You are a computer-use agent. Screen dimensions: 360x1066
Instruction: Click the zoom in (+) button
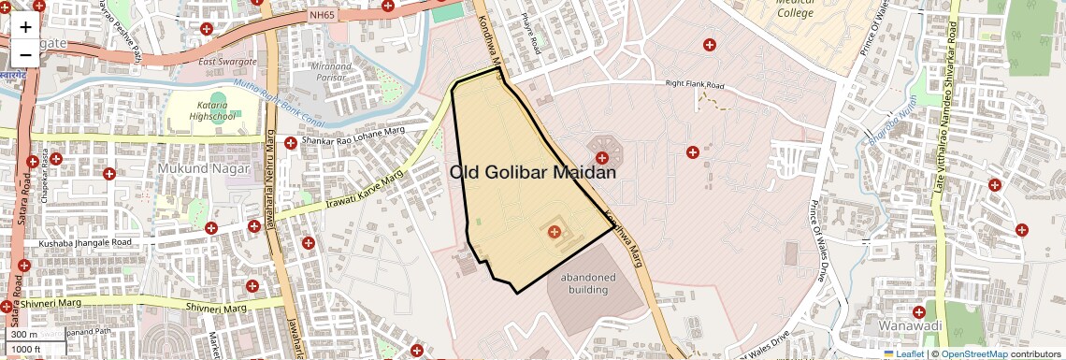25,27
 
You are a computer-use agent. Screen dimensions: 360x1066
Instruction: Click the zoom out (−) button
25,54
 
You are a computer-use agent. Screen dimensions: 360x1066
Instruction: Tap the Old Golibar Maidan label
533,172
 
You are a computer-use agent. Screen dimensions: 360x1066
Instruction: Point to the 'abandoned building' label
588,283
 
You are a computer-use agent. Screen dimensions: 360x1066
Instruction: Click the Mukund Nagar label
203,169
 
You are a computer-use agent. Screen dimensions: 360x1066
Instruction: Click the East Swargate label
225,62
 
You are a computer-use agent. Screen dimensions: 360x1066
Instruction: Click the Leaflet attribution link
903,353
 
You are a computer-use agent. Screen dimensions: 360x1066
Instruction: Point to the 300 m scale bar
24,335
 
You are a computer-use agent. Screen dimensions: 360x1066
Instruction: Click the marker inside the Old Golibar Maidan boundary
554,231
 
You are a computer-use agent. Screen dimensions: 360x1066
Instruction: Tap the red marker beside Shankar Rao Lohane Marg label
291,143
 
